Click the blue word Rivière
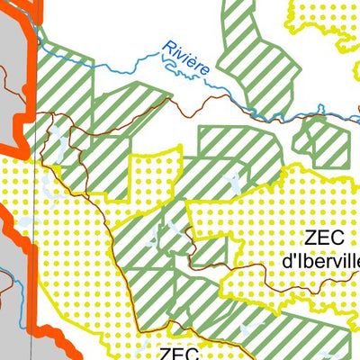tap(187, 57)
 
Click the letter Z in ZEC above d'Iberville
tap(310, 238)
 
